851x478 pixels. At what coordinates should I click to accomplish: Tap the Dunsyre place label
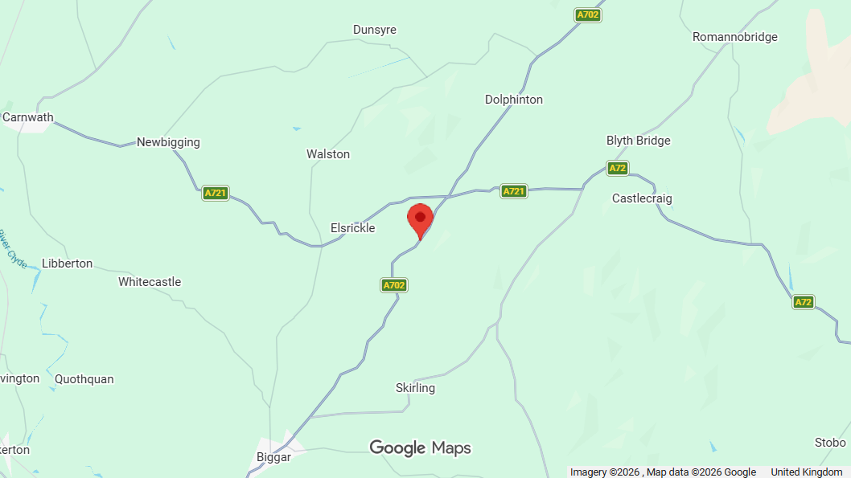coord(375,30)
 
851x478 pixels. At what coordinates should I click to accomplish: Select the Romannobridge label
coord(734,37)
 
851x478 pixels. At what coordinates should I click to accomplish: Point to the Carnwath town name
coord(28,117)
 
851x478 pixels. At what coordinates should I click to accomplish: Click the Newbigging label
coord(168,142)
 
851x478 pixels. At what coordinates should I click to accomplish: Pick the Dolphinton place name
coord(514,100)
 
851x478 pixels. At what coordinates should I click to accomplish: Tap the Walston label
coord(328,153)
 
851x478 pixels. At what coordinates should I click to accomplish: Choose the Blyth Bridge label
coord(638,141)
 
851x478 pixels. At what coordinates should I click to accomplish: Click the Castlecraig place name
coord(642,198)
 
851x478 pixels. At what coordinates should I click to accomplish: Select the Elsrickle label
coord(353,228)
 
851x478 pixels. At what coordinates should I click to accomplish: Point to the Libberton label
coord(68,264)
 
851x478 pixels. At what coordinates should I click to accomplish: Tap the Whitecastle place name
coord(150,282)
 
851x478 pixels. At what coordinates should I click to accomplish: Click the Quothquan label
coord(84,379)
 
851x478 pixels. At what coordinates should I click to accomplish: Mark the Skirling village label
coord(415,388)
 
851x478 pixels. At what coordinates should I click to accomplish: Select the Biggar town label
coord(273,456)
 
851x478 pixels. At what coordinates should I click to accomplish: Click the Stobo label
coord(830,443)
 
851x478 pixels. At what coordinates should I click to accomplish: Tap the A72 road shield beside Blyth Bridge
coord(617,168)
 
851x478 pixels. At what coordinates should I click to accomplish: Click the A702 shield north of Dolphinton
coord(589,15)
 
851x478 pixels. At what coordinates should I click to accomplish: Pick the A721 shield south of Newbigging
coord(216,193)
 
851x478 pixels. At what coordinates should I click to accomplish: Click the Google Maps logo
coord(420,447)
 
